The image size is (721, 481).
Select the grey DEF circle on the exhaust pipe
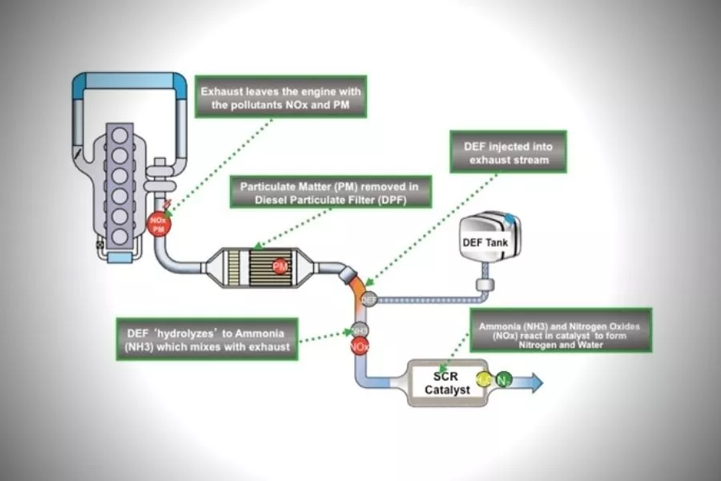(369, 299)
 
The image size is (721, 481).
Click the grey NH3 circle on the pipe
(360, 330)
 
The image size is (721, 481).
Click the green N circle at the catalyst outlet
(502, 381)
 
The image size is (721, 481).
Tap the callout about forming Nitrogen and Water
(560, 329)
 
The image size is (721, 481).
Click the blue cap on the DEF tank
(510, 218)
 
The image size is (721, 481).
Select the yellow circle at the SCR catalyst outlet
(484, 380)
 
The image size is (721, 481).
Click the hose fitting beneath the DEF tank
(483, 285)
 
